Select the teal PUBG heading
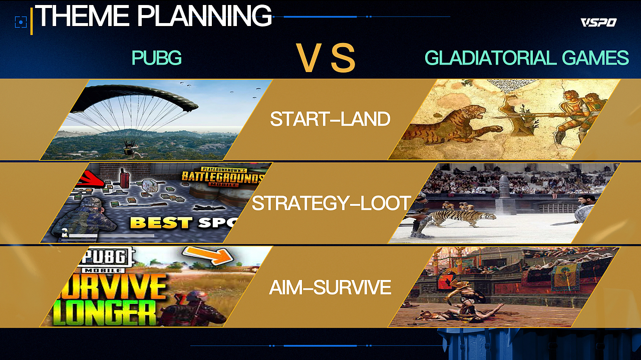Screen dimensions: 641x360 click(157, 58)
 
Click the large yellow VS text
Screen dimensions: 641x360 click(326, 58)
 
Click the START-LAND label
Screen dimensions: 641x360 click(330, 119)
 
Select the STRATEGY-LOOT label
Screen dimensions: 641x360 click(331, 203)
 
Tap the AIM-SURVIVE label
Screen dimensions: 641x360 click(330, 287)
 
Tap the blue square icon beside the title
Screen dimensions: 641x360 click(21, 22)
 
